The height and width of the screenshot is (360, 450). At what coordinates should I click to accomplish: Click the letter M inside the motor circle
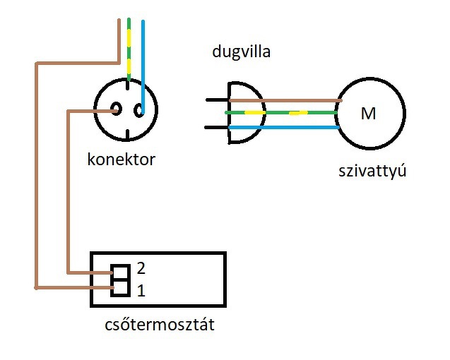coord(368,114)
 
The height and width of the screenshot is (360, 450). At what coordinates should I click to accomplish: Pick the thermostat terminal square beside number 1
coord(119,287)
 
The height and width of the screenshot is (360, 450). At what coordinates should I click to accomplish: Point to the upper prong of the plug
coord(216,100)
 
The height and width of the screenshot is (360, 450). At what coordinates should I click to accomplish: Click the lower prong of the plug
coord(216,128)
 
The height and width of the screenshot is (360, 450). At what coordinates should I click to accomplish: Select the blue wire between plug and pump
coord(297,128)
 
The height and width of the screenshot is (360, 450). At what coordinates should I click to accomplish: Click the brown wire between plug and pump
coord(297,101)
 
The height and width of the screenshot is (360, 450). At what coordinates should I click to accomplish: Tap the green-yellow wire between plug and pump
coord(297,112)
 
